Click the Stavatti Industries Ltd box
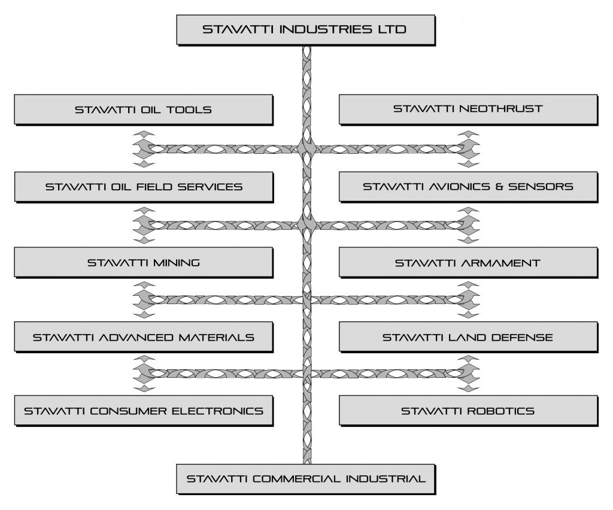coord(305,29)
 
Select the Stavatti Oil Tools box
coord(143,110)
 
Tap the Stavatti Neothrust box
coord(468,109)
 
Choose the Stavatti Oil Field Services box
coord(143,186)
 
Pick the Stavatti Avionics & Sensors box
coord(468,186)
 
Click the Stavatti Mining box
coord(143,262)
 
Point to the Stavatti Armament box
coord(468,262)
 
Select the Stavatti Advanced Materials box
coord(143,337)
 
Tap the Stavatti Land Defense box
coord(468,337)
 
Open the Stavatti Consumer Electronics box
coord(143,411)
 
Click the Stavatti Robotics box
coord(468,411)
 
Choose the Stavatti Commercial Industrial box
coord(305,478)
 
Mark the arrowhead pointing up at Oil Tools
coord(144,132)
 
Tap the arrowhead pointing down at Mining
coord(144,239)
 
